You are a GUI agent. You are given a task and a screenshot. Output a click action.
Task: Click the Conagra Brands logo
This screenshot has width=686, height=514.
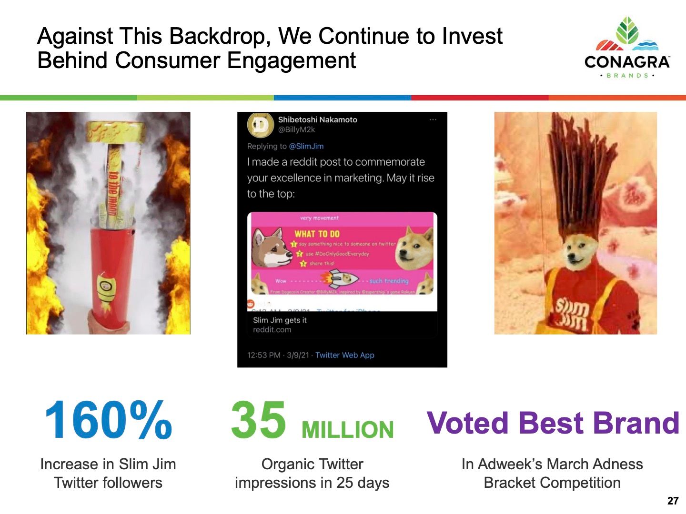point(627,48)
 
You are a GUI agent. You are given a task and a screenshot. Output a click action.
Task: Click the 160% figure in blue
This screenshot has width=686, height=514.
point(108,420)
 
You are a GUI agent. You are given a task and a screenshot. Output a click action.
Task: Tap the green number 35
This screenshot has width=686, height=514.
point(259,420)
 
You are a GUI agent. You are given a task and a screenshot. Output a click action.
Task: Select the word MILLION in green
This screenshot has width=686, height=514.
point(347,430)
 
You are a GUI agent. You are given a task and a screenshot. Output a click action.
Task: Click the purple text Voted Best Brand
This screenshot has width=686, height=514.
point(553,423)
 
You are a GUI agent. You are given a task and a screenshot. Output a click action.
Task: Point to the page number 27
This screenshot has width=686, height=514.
point(673,501)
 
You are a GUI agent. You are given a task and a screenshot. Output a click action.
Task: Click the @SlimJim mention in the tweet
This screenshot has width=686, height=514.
point(306,146)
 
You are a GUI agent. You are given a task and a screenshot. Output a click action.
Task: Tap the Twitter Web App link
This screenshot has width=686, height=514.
point(344,355)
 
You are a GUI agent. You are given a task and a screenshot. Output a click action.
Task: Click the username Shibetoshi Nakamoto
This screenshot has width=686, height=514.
point(317,119)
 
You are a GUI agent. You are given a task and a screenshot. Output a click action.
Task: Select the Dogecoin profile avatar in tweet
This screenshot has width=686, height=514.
point(260,125)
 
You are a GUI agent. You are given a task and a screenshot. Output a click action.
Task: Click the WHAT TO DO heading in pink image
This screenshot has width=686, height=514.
point(317,234)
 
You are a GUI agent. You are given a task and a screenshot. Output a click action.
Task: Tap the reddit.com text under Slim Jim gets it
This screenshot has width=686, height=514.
point(272,330)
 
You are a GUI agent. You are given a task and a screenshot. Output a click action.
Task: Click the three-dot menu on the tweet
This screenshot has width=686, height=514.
point(433,120)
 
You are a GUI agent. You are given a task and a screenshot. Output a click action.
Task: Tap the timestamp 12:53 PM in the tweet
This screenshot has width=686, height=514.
point(263,355)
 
